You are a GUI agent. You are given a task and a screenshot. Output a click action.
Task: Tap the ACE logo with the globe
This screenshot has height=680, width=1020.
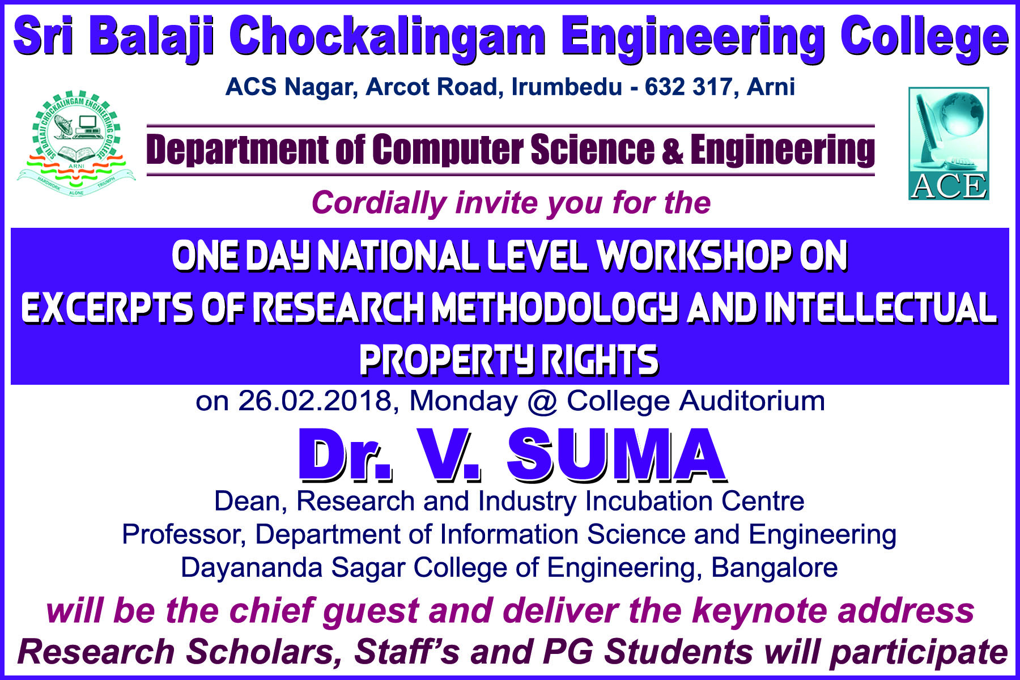949,143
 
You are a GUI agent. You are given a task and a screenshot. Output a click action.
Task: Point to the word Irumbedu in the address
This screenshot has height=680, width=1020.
567,87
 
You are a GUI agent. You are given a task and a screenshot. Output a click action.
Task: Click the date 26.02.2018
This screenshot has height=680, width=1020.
314,401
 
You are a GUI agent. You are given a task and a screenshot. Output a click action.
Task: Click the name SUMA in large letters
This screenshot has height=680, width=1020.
616,455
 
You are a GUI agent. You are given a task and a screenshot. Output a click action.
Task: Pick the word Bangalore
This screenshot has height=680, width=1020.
774,568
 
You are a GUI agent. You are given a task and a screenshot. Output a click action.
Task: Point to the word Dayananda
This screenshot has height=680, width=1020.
252,568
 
